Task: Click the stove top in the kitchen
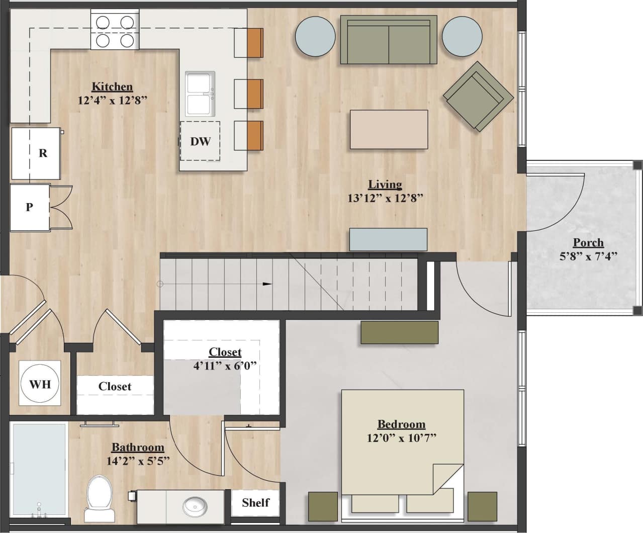tap(115, 31)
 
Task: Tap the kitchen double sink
tap(200, 94)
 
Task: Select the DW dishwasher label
tap(200, 142)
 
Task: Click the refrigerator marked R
tap(37, 153)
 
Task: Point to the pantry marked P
tap(30, 207)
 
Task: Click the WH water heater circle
tap(40, 384)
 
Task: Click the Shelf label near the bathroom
tap(255, 502)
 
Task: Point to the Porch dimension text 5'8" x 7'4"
tap(588, 256)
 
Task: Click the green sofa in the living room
tap(388, 40)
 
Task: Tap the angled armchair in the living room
tap(478, 97)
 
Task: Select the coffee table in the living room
tap(389, 129)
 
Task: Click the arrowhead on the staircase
tap(267, 284)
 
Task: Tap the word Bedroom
tap(401, 424)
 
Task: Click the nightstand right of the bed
tap(482, 505)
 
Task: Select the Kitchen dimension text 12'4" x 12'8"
tap(112, 100)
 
